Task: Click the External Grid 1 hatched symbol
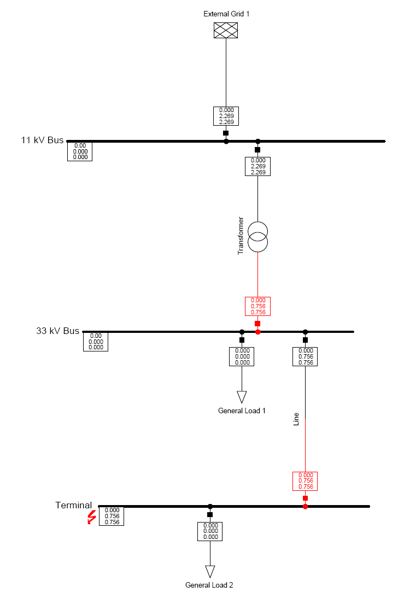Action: click(x=226, y=31)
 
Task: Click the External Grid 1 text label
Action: click(x=226, y=14)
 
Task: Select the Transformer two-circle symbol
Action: click(x=258, y=237)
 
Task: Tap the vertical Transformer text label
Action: click(x=240, y=236)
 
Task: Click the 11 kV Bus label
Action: click(x=42, y=140)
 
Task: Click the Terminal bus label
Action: click(x=73, y=505)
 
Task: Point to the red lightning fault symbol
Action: click(x=91, y=517)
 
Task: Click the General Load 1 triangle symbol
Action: click(x=242, y=396)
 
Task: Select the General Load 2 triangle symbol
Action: click(x=210, y=571)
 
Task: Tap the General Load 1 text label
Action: click(x=242, y=411)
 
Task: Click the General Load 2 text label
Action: click(x=209, y=585)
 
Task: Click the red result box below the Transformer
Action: click(x=257, y=306)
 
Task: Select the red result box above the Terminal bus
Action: click(x=305, y=481)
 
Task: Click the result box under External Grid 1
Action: click(x=226, y=116)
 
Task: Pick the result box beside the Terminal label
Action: click(x=112, y=516)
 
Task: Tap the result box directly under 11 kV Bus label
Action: click(x=80, y=151)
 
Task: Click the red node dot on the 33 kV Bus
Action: click(x=258, y=332)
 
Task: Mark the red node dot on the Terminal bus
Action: click(x=305, y=506)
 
